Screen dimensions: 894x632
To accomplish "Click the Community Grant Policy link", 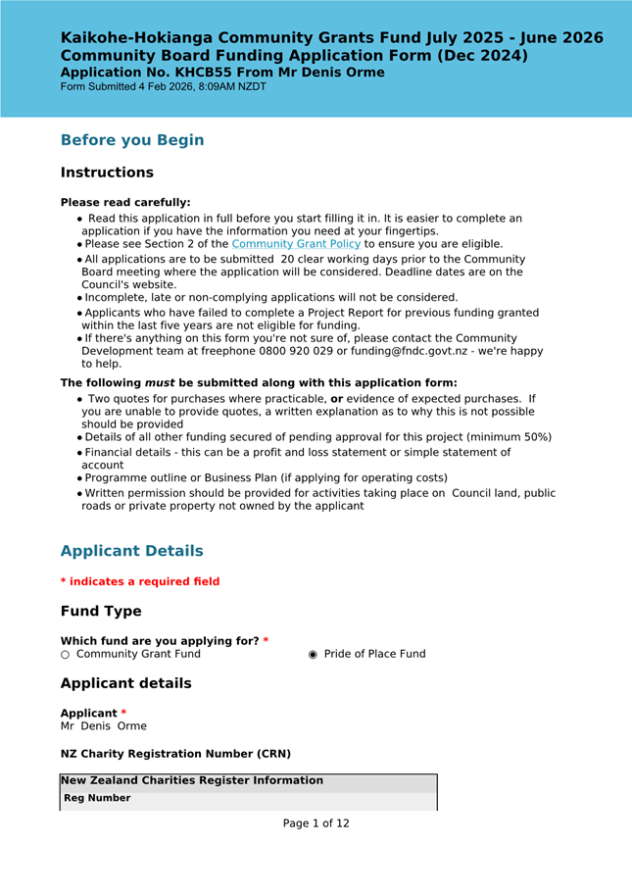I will [296, 244].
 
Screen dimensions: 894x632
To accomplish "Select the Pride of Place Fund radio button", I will [314, 655].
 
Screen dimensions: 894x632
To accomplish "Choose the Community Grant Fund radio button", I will [66, 655].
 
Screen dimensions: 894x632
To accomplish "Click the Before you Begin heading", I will [132, 140].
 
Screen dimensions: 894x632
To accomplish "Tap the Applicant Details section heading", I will [132, 551].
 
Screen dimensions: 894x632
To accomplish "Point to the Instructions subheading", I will [107, 173].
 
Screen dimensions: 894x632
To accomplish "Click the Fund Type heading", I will [101, 612].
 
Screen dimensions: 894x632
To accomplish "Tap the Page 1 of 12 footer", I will [316, 823].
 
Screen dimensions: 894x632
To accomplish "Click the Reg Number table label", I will [97, 799].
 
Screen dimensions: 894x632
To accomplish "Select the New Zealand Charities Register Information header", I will [192, 781].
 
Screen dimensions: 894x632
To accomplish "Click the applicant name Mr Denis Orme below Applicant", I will [104, 726].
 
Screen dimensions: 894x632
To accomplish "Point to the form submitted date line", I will [163, 87].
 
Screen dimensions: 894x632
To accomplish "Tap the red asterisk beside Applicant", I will [123, 713].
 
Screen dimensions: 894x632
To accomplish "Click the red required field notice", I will [140, 582].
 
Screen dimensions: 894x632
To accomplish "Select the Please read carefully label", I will [125, 203].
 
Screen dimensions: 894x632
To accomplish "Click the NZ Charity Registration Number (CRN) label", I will [175, 754].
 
